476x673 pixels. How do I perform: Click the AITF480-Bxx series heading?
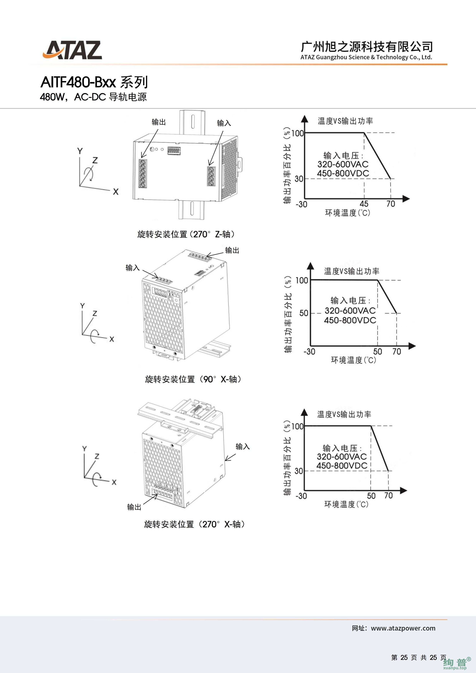[94, 82]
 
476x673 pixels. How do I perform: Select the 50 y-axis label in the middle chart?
[304, 313]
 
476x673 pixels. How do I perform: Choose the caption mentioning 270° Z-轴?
[186, 234]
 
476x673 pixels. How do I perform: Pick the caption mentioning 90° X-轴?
[193, 379]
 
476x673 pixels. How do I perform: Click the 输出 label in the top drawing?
[159, 122]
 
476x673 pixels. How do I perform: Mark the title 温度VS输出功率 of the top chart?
[345, 121]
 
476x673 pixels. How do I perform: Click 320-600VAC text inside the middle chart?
[350, 310]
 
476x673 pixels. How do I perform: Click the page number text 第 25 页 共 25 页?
[419, 657]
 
